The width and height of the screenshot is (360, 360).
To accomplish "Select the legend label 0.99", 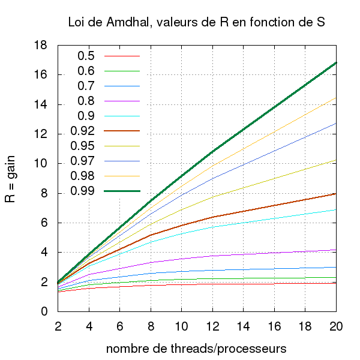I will [82, 191].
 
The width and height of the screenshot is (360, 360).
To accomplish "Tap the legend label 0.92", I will [82, 131].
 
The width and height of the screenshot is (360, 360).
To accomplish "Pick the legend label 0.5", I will [86, 56].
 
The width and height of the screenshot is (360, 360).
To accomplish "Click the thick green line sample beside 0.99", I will [122, 191].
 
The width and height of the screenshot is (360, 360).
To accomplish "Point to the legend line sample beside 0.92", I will [122, 131].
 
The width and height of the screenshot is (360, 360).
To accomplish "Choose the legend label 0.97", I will [82, 161].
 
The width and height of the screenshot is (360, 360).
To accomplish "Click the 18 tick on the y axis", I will [40, 46].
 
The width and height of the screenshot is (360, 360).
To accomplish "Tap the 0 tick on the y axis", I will [44, 311].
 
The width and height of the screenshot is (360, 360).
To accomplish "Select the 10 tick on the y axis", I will [40, 164].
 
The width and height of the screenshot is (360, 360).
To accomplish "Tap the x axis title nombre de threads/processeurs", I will [196, 348].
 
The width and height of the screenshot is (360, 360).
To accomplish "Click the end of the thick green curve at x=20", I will [335, 62].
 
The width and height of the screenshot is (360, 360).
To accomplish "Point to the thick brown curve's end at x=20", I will [335, 194].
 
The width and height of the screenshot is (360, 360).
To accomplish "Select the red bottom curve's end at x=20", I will [335, 283].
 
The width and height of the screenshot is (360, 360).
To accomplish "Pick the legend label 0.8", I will [86, 101].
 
